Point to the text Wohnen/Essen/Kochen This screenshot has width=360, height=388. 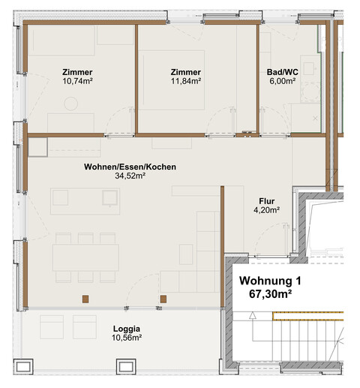click(130, 167)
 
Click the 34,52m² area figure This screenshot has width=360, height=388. click(130, 176)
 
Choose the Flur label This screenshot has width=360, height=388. click(265, 201)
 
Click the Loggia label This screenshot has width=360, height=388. click(127, 329)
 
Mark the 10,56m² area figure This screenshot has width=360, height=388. click(127, 338)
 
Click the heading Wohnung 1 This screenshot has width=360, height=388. click(269, 281)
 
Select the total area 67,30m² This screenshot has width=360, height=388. click(269, 295)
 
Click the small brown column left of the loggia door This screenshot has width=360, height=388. click(87, 299)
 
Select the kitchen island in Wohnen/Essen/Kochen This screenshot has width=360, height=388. click(84, 197)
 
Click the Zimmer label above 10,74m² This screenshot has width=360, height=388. click(78, 72)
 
